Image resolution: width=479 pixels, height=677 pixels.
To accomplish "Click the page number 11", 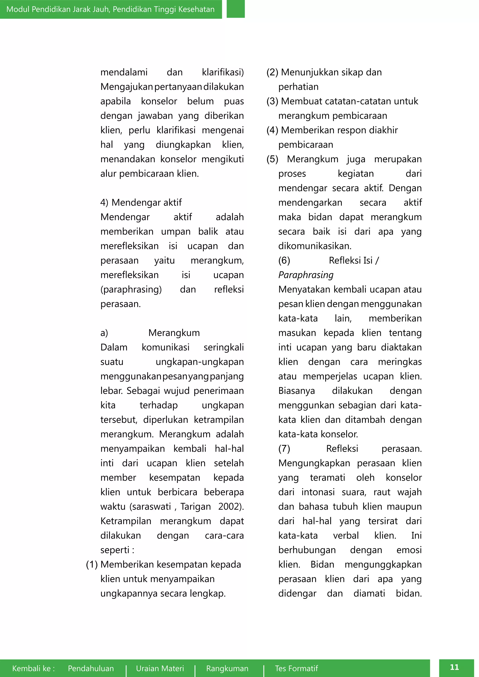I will (454, 667).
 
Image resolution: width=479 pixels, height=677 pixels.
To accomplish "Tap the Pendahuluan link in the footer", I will (91, 668).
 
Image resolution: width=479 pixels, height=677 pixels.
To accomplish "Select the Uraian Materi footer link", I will (160, 668).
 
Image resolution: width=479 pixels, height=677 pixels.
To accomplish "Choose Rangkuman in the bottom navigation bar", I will (227, 668).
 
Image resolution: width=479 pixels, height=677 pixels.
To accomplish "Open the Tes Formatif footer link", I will (296, 668).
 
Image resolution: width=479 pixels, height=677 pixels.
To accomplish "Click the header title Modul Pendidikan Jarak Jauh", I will (110, 9).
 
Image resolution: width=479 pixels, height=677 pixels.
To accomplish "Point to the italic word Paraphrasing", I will (306, 275).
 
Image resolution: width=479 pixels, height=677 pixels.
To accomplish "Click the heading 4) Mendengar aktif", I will (141, 203).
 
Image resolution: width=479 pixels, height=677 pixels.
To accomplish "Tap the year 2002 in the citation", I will (230, 507).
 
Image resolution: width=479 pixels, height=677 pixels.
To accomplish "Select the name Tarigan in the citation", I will (196, 507).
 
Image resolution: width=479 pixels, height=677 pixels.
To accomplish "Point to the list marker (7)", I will (284, 448).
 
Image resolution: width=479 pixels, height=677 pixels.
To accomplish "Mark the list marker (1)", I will (92, 564).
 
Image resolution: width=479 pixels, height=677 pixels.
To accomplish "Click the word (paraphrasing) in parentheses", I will (131, 289).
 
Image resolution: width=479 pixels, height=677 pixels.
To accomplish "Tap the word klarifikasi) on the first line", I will (223, 72).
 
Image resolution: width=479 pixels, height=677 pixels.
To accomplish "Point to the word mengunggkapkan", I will (383, 564).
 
